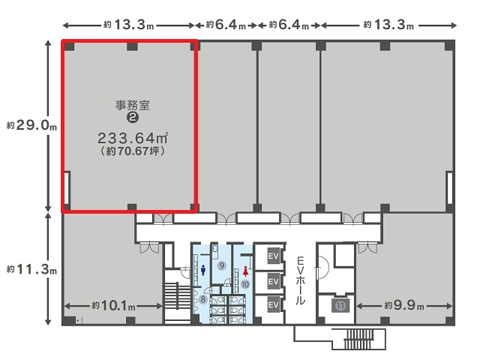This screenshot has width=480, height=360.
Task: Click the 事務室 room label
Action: [x=133, y=105]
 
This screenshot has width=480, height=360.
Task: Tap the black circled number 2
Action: [x=133, y=117]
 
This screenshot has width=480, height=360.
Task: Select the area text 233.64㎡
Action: [x=133, y=138]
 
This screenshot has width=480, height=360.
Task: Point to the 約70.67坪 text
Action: [x=133, y=151]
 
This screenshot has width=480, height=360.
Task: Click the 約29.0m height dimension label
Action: [x=31, y=125]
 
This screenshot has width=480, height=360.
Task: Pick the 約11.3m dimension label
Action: [x=31, y=269]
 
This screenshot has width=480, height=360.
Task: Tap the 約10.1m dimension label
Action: [x=113, y=306]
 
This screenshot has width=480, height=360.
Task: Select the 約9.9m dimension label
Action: [x=404, y=305]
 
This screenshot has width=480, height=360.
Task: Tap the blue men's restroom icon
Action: [x=202, y=270]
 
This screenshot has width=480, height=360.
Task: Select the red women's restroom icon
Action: [x=245, y=271]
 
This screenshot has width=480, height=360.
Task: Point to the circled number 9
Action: [x=222, y=265]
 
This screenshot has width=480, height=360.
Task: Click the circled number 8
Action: [x=203, y=299]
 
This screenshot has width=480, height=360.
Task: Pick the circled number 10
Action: [x=245, y=284]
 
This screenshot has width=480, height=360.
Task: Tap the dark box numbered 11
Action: [x=340, y=305]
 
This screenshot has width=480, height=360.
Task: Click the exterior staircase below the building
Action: [x=358, y=339]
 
